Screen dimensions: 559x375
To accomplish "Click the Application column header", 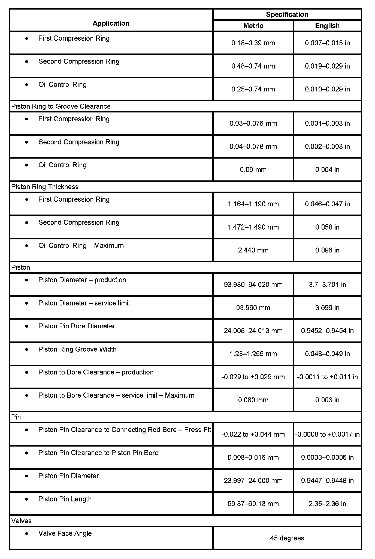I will click(x=111, y=23).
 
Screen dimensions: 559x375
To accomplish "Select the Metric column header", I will click(x=253, y=26).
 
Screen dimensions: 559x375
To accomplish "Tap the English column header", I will click(x=327, y=26).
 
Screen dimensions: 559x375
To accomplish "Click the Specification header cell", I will click(x=287, y=14).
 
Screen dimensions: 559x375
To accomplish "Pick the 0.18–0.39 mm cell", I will click(x=253, y=43).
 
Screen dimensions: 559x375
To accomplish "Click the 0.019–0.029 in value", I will click(x=327, y=66).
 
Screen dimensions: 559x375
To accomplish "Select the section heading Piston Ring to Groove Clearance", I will click(x=61, y=106).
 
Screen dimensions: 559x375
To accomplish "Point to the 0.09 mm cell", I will click(x=253, y=170).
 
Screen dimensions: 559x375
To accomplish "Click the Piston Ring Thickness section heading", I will click(x=45, y=187).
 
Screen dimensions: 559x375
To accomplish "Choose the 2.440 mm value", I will click(x=253, y=250).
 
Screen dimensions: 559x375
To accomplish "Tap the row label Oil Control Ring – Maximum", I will click(x=81, y=245).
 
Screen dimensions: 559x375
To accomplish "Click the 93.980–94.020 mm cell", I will click(x=253, y=284).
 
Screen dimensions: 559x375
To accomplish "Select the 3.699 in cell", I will click(x=327, y=308).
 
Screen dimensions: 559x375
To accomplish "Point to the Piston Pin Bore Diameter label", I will click(x=77, y=326).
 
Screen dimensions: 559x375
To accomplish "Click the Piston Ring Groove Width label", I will click(x=77, y=349).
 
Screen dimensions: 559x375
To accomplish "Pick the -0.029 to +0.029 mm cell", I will click(x=253, y=377).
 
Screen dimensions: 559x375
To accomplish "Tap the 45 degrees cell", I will click(x=287, y=538).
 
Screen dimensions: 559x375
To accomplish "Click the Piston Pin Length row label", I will click(x=65, y=499).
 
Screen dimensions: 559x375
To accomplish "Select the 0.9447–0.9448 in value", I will click(x=327, y=480).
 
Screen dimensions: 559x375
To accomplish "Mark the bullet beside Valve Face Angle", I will click(x=26, y=533).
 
